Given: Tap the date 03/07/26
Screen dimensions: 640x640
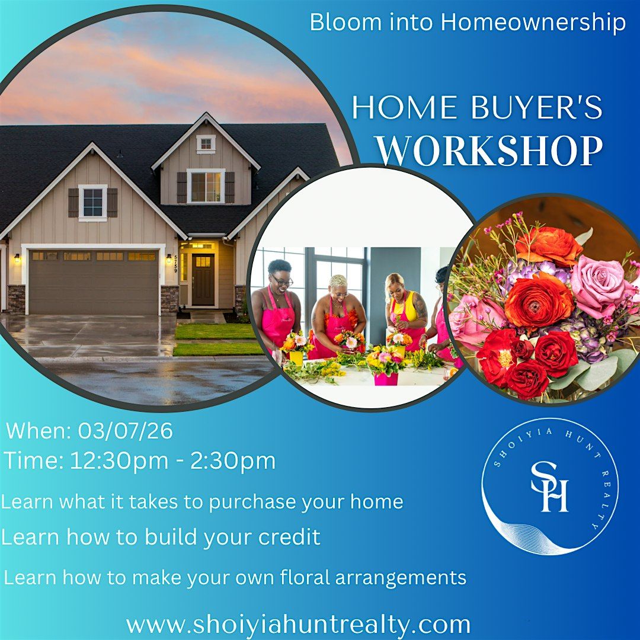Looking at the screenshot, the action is (x=125, y=431).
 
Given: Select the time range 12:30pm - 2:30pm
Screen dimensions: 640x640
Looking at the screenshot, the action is (x=173, y=461).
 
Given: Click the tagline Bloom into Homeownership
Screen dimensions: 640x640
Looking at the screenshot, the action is (x=468, y=22).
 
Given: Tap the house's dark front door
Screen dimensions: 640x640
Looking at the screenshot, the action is (x=203, y=280).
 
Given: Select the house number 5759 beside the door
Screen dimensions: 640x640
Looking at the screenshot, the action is (x=176, y=264).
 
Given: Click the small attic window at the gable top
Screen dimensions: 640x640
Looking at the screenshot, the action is (x=206, y=143).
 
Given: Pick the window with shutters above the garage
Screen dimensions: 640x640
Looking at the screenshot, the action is (x=92, y=203).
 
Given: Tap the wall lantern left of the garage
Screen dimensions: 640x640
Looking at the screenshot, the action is (x=17, y=258).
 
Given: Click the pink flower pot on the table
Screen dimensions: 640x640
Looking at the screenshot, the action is (x=386, y=378).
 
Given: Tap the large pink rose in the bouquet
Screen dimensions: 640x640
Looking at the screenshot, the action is (x=600, y=280).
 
